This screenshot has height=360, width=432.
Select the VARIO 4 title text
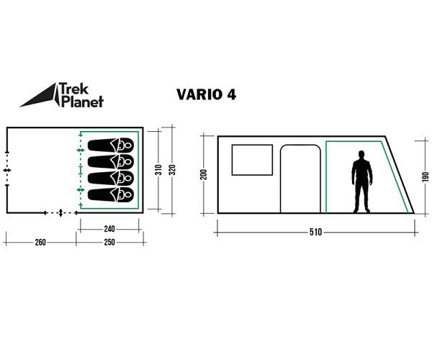click(x=206, y=94)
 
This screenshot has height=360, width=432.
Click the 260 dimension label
click(x=40, y=243)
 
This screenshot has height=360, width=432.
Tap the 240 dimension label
click(x=109, y=229)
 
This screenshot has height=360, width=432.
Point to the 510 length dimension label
click(x=315, y=233)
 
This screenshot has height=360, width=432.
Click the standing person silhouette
click(x=361, y=182)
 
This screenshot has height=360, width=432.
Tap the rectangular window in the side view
click(x=252, y=159)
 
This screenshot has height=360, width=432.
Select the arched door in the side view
click(x=301, y=179)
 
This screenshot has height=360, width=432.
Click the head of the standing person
click(x=361, y=156)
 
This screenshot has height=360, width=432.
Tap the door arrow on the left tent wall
click(x=6, y=169)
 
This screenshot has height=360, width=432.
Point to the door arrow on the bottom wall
click(x=60, y=213)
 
